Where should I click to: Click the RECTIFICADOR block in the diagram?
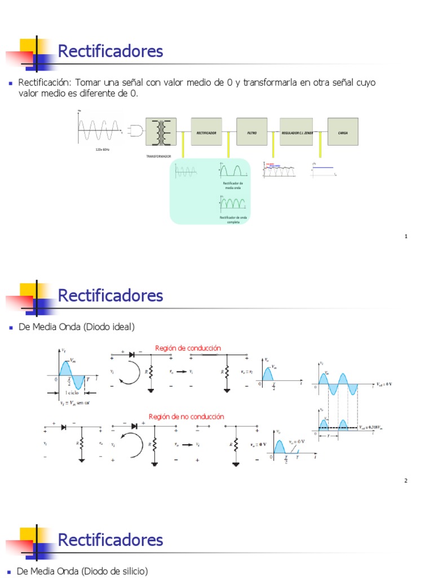click(x=206, y=132)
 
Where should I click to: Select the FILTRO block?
click(x=251, y=132)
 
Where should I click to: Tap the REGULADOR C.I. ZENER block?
click(x=296, y=132)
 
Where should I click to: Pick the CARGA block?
click(x=342, y=132)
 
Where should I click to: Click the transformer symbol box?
click(x=161, y=132)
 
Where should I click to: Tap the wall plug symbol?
click(x=136, y=131)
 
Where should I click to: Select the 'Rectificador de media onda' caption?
click(x=233, y=185)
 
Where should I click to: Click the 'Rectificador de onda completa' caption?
click(x=233, y=220)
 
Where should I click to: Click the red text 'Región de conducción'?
click(x=188, y=348)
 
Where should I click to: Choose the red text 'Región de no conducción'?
click(x=186, y=417)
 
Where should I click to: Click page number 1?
click(x=406, y=237)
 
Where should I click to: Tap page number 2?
click(x=406, y=481)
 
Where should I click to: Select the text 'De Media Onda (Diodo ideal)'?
click(x=76, y=327)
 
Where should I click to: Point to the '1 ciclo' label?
click(x=72, y=392)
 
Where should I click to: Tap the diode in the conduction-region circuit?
click(x=132, y=354)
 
